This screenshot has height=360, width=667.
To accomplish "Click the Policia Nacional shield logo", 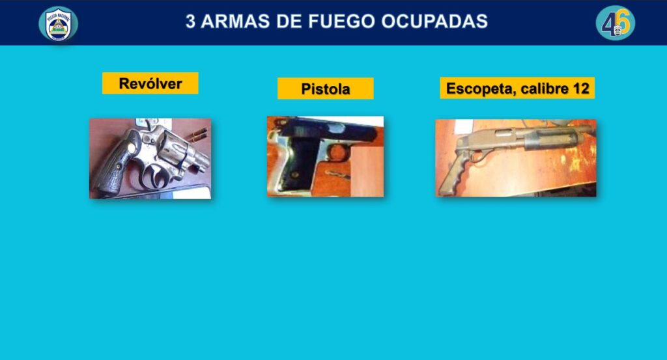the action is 58,24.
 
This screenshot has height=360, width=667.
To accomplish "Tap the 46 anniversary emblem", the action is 615,23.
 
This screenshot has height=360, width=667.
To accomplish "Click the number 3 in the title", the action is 191,21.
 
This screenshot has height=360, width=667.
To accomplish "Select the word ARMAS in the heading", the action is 234,21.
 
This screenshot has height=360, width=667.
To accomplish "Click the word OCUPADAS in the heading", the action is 434,21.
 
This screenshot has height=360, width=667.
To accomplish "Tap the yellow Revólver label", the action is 150,83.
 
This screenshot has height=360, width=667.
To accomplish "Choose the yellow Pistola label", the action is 326,89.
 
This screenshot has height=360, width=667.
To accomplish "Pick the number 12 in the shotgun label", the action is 581,89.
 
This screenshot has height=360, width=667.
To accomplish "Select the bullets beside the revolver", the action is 197,135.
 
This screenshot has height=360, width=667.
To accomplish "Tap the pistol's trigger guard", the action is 338,152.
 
